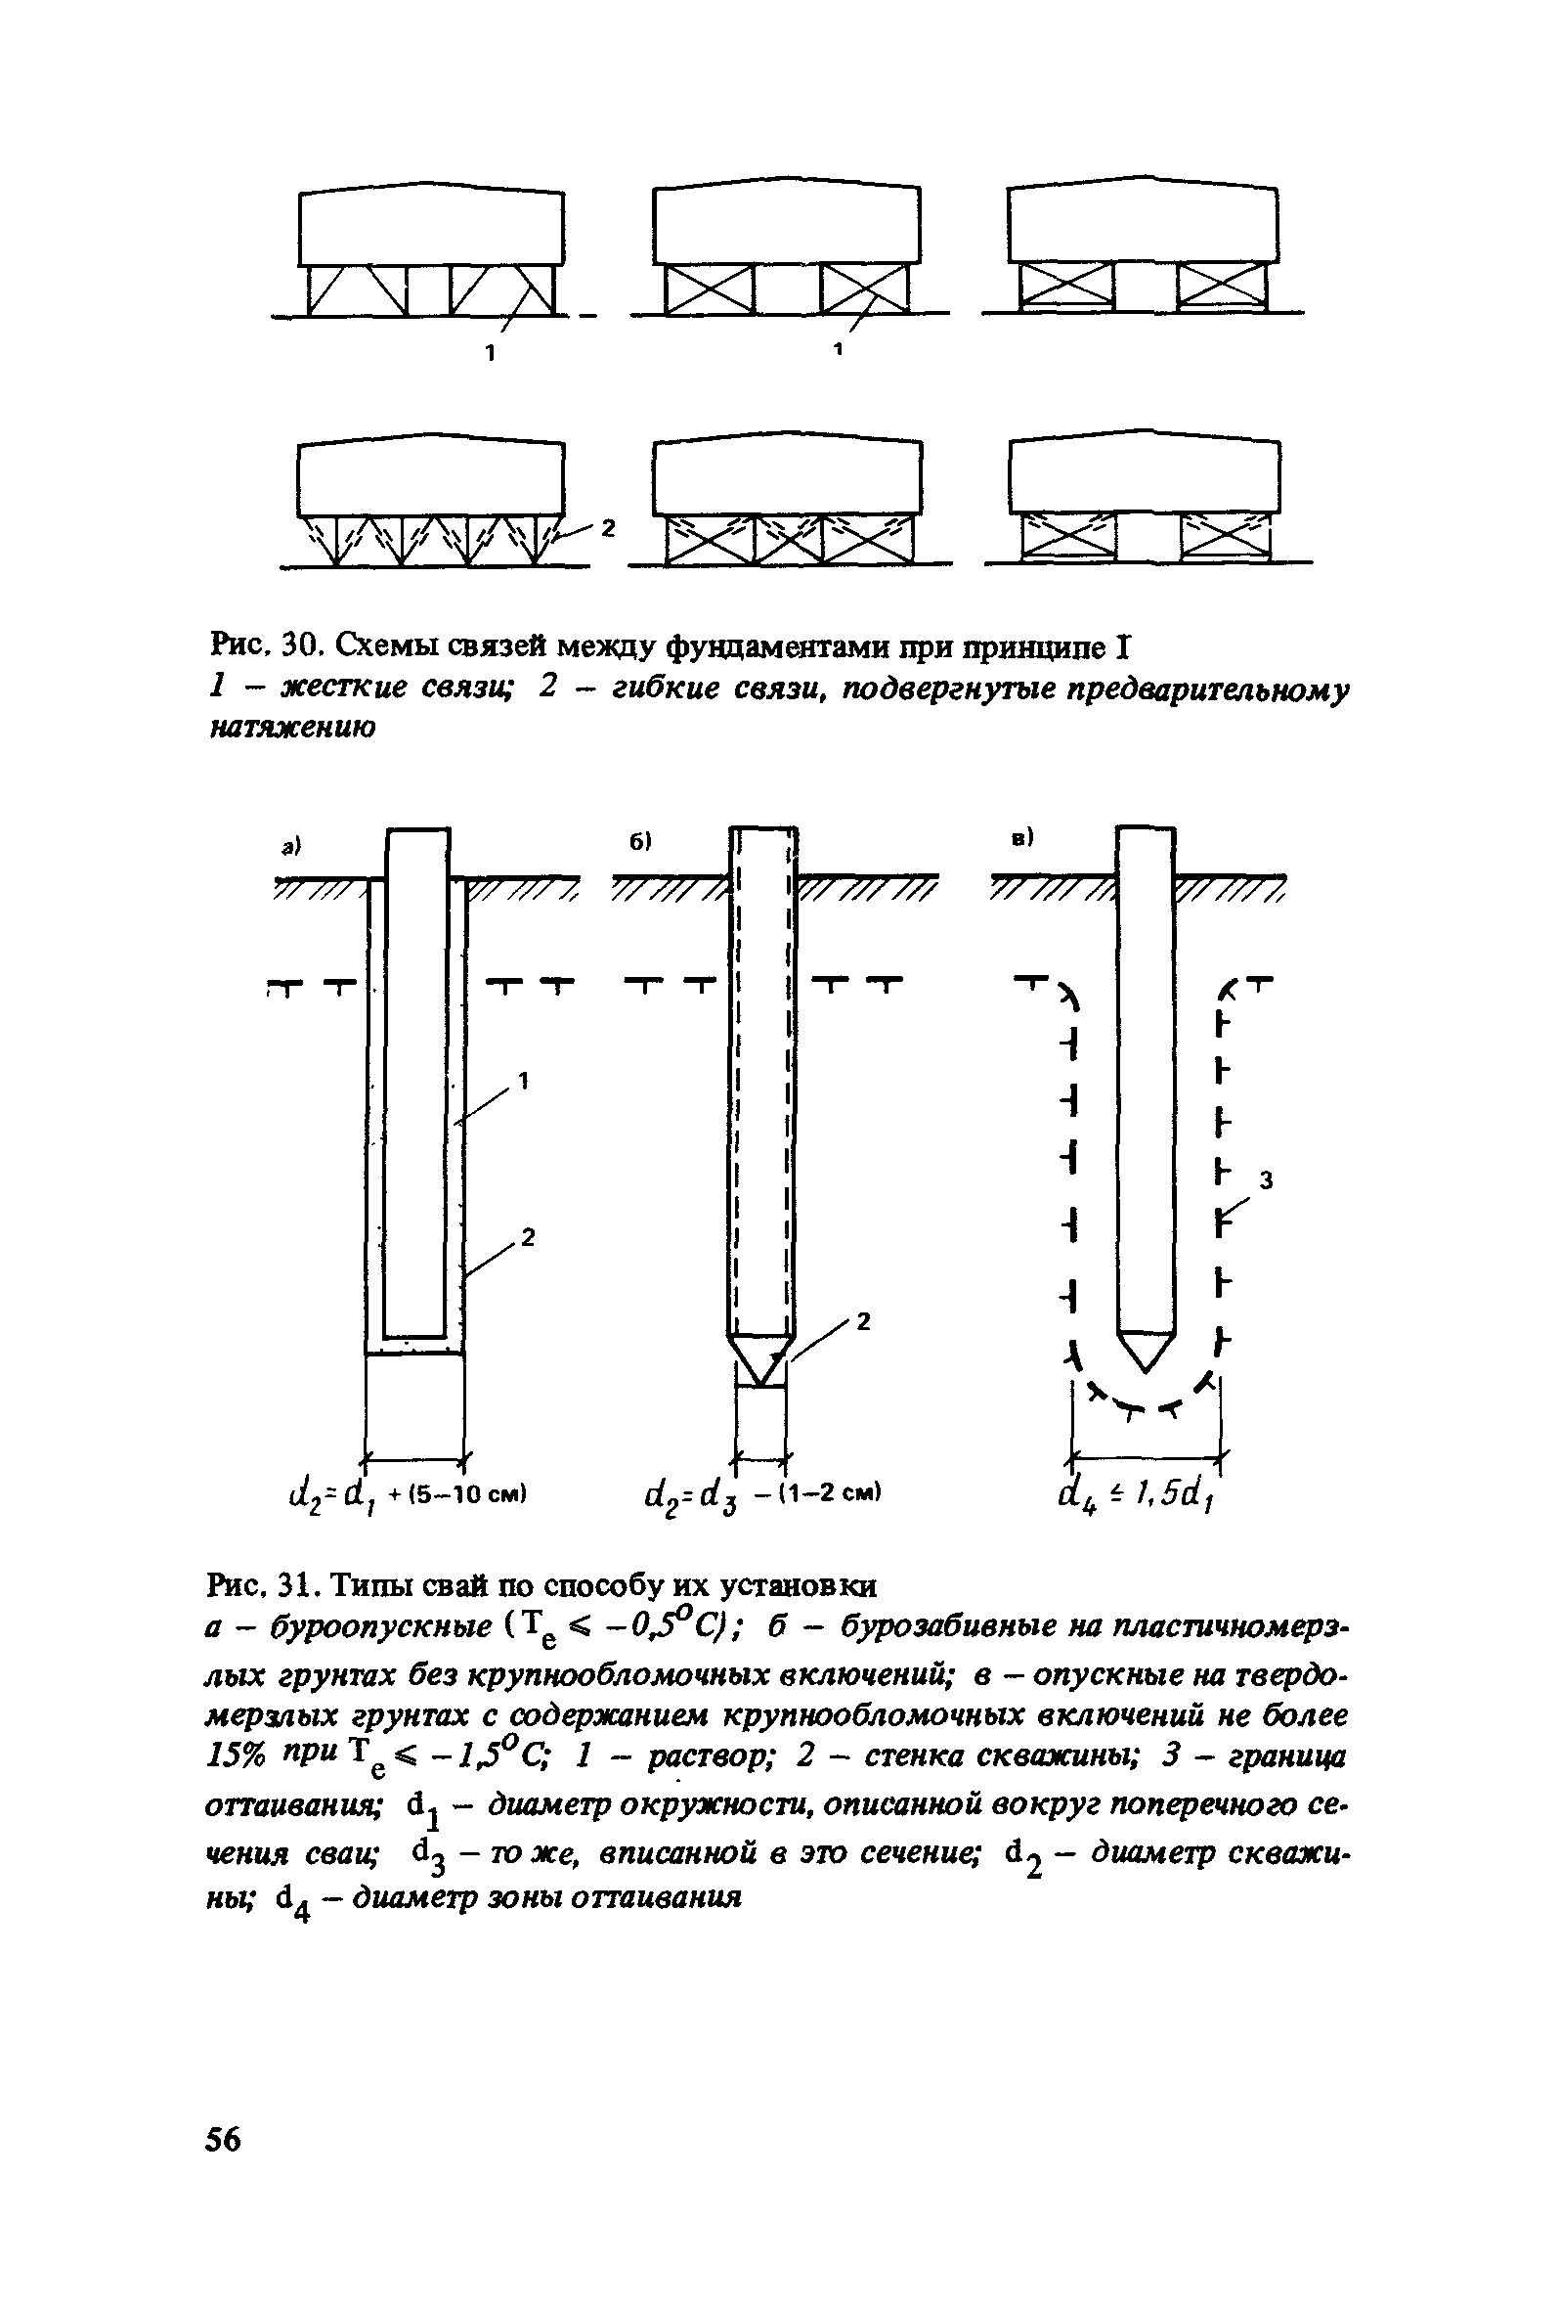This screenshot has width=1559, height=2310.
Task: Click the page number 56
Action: (223, 2138)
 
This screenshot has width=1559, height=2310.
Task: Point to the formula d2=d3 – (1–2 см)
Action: (763, 1494)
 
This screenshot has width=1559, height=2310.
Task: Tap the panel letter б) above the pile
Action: (640, 841)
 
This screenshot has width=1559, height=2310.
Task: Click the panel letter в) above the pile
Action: (1022, 838)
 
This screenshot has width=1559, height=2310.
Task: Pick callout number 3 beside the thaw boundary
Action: (1266, 1179)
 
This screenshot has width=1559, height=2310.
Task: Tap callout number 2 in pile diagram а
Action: (528, 1236)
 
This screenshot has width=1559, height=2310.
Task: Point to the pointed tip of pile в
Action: (1146, 1363)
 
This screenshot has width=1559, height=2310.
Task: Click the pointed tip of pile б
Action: (762, 1376)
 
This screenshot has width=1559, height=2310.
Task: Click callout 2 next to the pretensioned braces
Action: (609, 528)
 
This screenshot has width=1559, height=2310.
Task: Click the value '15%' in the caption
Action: (236, 1757)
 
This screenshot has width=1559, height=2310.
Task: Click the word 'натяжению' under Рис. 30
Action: (292, 729)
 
